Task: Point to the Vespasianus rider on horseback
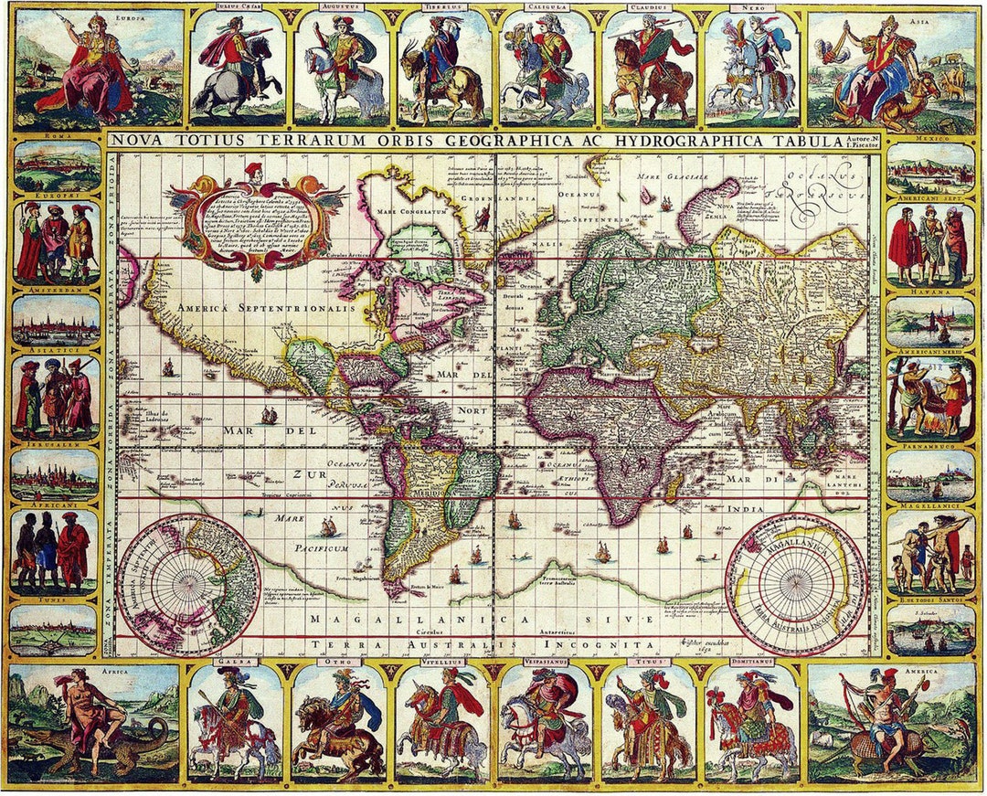pos(546,722)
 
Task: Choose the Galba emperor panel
pos(235,722)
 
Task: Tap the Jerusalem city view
pos(57,475)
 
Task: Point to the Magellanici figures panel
pos(930,553)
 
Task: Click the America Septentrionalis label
pos(265,309)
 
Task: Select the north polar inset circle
pos(188,585)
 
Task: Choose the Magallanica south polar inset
pos(798,584)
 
